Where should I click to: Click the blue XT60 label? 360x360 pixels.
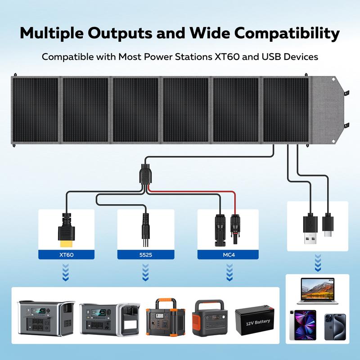66,255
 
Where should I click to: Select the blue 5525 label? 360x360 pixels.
145,255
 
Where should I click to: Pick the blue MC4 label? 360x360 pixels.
225,255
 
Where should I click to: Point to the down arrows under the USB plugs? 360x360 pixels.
318,261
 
